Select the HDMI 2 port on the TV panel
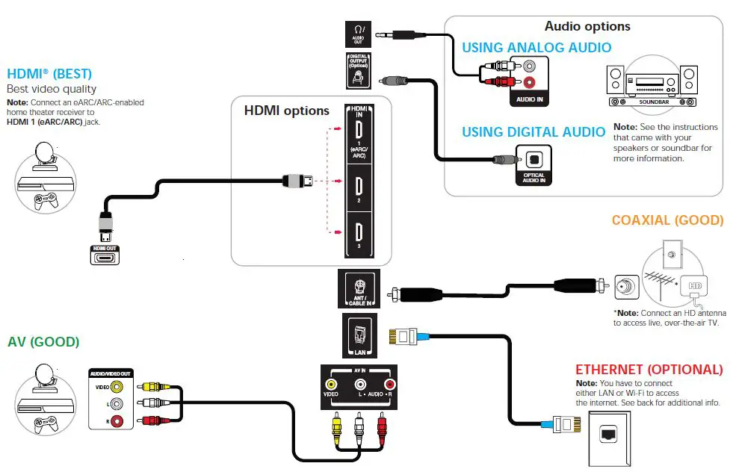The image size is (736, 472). (x=359, y=186)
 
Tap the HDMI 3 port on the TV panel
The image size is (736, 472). (x=359, y=232)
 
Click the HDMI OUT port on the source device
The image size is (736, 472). (x=105, y=258)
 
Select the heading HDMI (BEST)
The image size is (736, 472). (x=49, y=74)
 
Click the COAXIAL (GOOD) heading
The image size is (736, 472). (x=667, y=220)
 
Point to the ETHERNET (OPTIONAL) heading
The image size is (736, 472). (x=649, y=370)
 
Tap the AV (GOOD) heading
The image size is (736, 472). (x=43, y=342)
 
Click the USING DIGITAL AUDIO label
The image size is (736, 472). (x=534, y=132)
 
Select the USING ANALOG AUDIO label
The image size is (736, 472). (x=536, y=48)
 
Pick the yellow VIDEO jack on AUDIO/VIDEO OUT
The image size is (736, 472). (x=117, y=387)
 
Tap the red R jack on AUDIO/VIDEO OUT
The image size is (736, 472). (x=117, y=420)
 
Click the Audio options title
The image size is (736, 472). (x=587, y=26)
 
